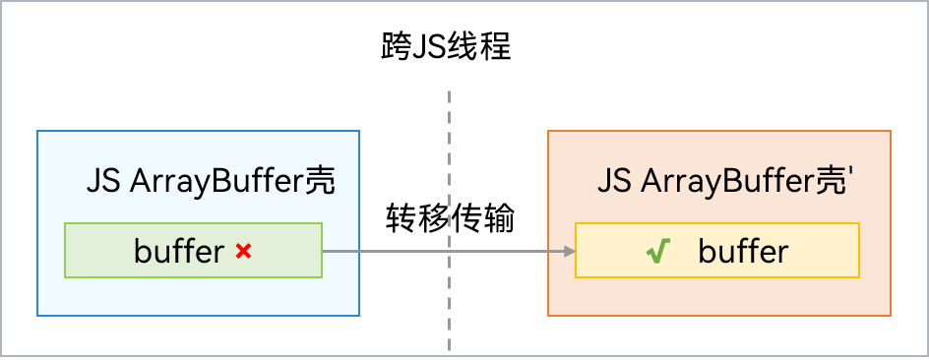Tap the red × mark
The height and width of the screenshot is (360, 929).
244,252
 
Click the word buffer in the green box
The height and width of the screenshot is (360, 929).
179,252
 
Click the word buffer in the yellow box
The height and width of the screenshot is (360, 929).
743,252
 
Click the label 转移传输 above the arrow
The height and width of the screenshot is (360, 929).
450,218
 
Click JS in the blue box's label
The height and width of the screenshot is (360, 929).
103,182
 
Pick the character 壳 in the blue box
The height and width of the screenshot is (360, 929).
322,181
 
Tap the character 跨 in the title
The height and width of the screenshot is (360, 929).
397,46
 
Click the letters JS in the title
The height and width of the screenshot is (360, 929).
429,46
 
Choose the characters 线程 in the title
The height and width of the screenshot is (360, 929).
479,46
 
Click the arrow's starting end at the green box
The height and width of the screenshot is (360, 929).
327,252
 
